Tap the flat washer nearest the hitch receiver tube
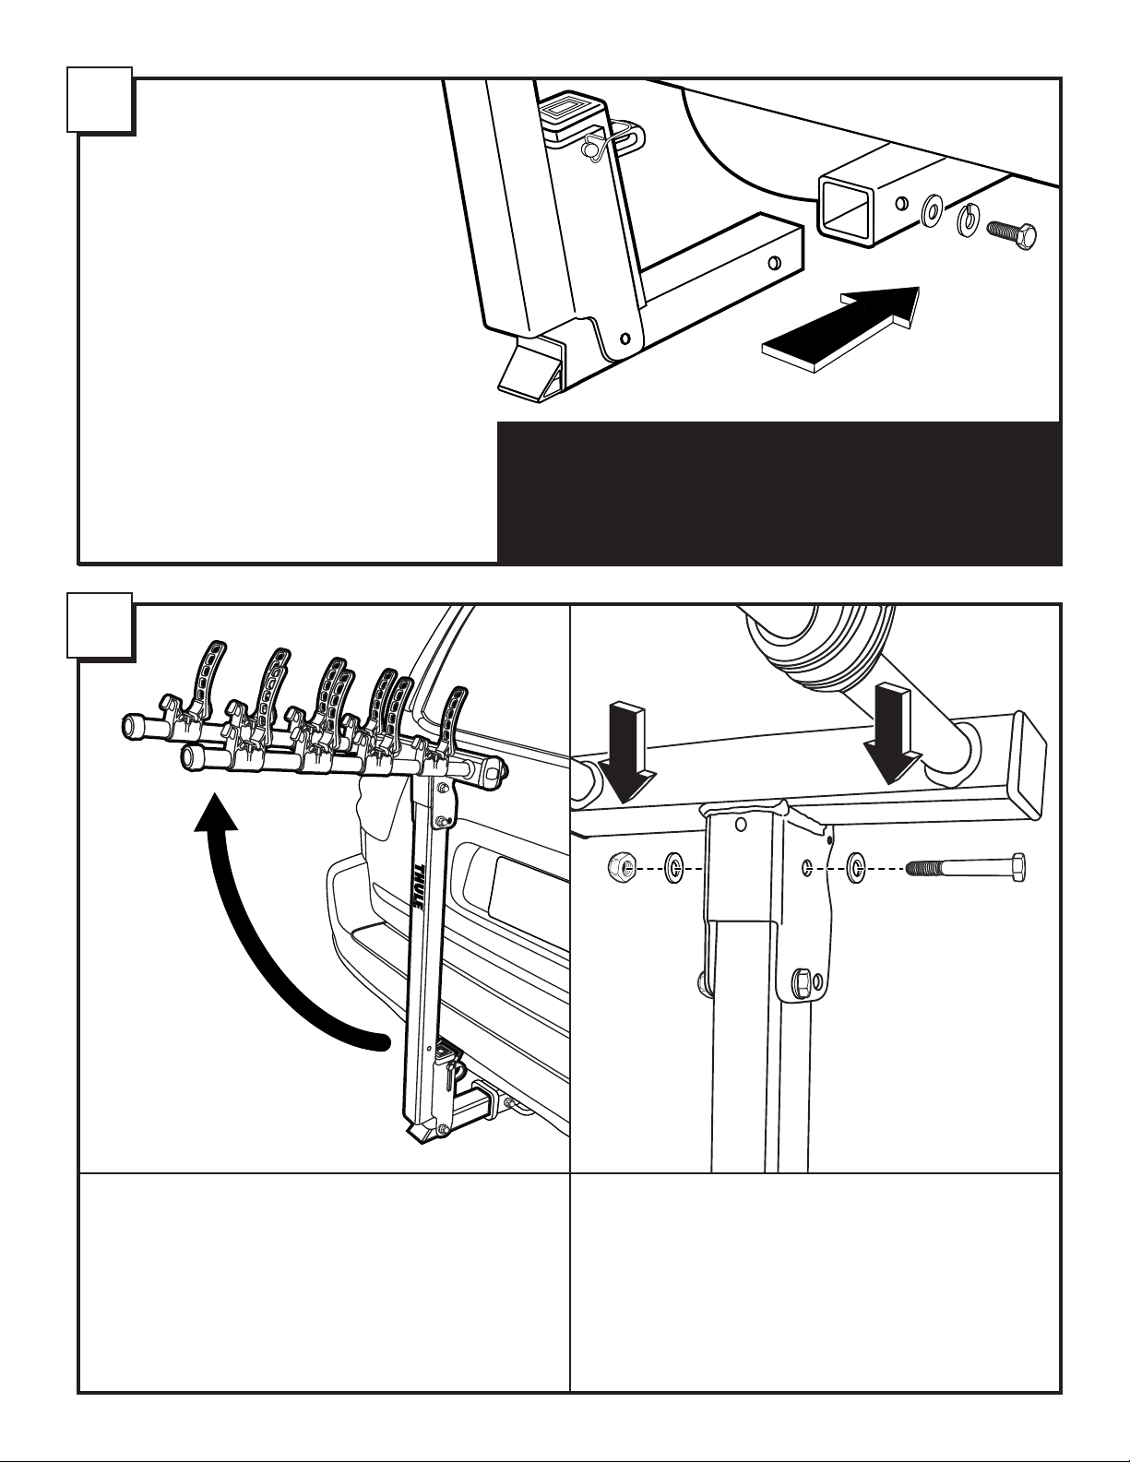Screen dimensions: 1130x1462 (933, 209)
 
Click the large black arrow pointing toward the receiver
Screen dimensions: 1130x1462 (840, 329)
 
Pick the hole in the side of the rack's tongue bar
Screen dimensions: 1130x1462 (776, 261)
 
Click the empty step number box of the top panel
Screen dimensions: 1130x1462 (100, 100)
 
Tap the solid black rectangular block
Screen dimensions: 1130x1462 (779, 492)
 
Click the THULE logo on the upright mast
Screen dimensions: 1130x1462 (415, 889)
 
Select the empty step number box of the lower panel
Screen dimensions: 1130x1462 (100, 625)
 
